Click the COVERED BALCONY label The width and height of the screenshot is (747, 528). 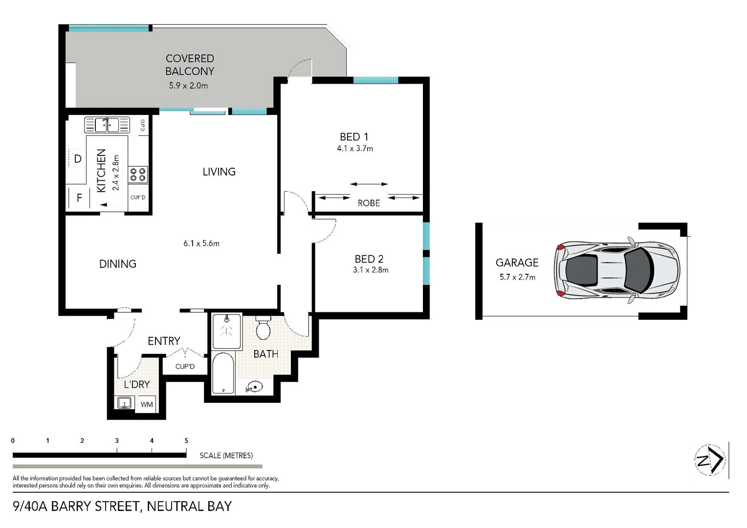pyautogui.click(x=190, y=65)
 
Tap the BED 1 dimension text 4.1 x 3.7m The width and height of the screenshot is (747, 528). pyautogui.click(x=355, y=149)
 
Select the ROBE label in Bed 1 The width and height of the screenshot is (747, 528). pyautogui.click(x=369, y=203)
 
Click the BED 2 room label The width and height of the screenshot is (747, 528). pyautogui.click(x=369, y=259)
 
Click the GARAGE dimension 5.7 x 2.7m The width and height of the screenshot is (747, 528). pyautogui.click(x=517, y=277)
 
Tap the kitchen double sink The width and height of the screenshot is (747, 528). pyautogui.click(x=107, y=125)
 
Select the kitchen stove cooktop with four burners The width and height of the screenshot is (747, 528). pyautogui.click(x=137, y=175)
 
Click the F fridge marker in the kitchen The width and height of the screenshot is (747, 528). pyautogui.click(x=79, y=198)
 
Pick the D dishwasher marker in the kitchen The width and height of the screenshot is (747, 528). pyautogui.click(x=77, y=159)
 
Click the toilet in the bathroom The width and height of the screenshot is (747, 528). pyautogui.click(x=263, y=328)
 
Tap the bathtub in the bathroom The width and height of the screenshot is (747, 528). pyautogui.click(x=223, y=374)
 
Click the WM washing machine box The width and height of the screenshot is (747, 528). pyautogui.click(x=147, y=404)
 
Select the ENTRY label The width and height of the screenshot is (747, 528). pyautogui.click(x=164, y=341)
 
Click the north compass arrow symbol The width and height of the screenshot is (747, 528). pyautogui.click(x=710, y=460)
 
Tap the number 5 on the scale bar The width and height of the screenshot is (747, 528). pyautogui.click(x=186, y=440)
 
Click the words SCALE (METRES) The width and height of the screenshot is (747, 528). pyautogui.click(x=226, y=456)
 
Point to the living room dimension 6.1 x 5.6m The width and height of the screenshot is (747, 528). pyautogui.click(x=201, y=243)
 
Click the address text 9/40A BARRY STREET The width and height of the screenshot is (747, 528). pyautogui.click(x=76, y=506)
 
